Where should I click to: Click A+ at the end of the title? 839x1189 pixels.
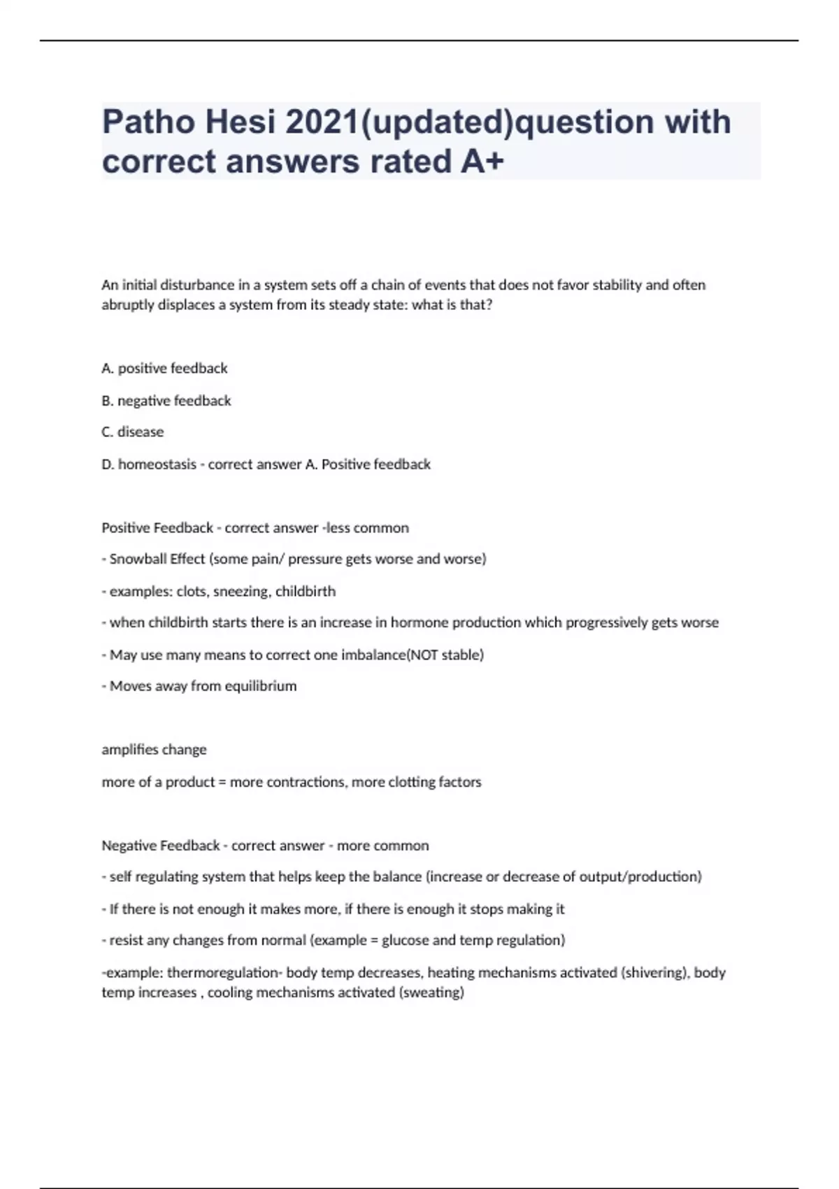point(482,162)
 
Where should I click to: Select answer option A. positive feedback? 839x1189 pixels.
point(164,368)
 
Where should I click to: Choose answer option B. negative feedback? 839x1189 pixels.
point(166,400)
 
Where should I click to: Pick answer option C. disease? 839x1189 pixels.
point(132,432)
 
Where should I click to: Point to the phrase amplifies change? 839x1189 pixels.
point(154,749)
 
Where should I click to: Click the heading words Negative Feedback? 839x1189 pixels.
point(161,845)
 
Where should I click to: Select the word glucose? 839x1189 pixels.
point(406,940)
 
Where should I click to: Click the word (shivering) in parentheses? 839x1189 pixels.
point(653,972)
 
